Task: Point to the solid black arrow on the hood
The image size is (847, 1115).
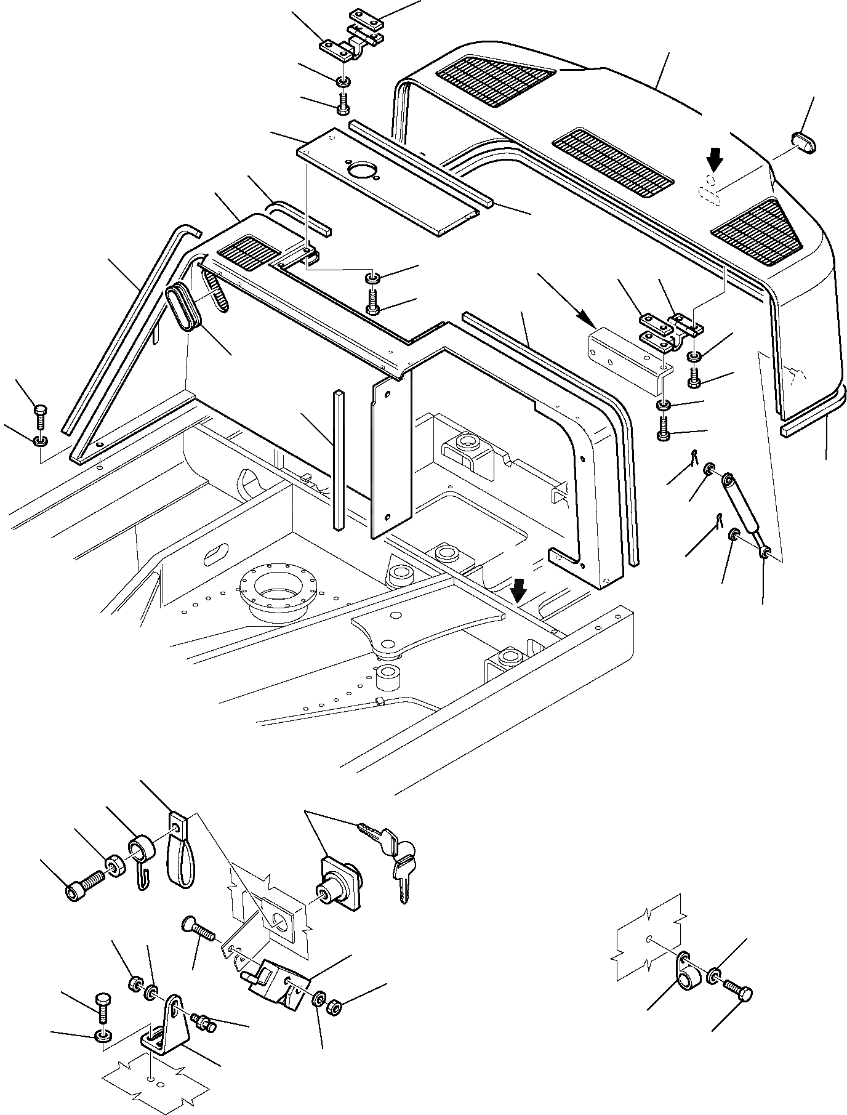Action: (x=714, y=161)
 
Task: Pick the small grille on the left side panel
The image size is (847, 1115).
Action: (x=244, y=252)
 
